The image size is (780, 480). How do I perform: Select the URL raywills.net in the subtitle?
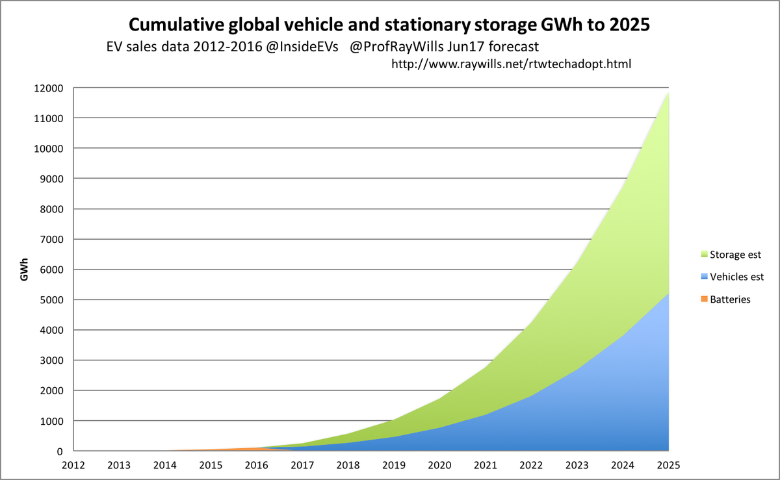[511, 64]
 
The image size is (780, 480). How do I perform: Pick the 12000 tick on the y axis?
[49, 88]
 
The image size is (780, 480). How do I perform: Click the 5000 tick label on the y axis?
[52, 299]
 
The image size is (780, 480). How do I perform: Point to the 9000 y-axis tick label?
[52, 179]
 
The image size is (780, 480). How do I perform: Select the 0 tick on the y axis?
[60, 451]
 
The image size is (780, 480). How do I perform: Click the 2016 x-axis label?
[258, 465]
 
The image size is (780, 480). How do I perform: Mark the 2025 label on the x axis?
[669, 465]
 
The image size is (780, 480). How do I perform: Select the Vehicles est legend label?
[736, 277]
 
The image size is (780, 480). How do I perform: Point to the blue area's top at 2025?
[668, 294]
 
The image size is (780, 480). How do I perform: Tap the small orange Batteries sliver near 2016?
[253, 448]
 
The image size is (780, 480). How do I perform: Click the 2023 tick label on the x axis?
[578, 465]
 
